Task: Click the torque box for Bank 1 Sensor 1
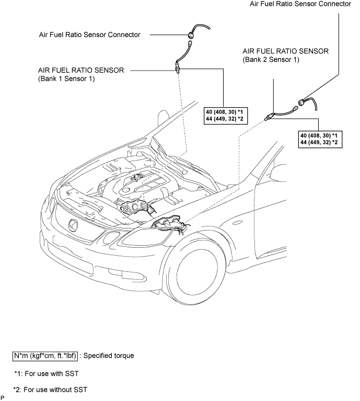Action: [226, 116]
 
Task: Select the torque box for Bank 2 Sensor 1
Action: [320, 139]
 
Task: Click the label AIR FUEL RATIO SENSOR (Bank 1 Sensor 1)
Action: [81, 74]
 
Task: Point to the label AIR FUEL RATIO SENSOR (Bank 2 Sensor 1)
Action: [285, 55]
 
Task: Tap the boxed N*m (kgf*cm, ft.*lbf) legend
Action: [45, 356]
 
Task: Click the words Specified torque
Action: [109, 356]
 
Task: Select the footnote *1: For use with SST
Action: [47, 374]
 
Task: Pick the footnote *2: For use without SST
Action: [50, 389]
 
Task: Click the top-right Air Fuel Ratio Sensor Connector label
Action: [300, 4]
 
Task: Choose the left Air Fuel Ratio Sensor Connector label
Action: [90, 35]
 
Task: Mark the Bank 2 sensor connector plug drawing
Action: [301, 103]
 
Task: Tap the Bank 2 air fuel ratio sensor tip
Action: [268, 118]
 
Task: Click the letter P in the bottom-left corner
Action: [2, 398]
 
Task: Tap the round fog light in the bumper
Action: [111, 237]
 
